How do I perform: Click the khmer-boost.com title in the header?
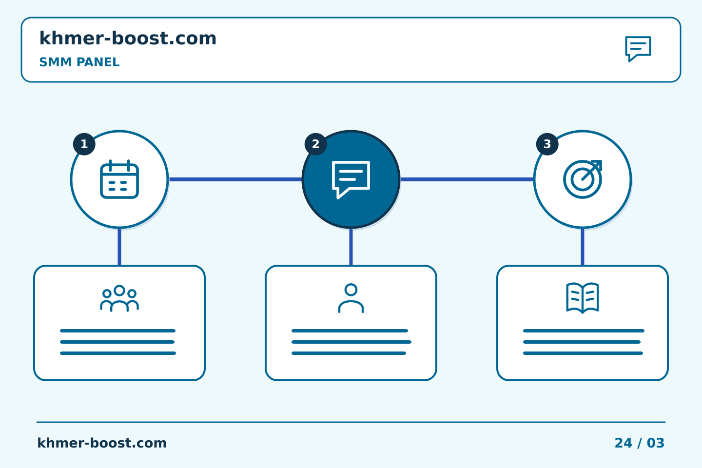128,38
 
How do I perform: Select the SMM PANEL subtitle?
79,62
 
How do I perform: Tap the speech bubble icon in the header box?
638,49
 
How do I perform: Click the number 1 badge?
84,144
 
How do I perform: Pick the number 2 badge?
315,144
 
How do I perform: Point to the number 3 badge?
547,144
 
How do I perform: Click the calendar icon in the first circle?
119,179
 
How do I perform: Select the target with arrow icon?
583,179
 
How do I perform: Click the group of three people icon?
119,298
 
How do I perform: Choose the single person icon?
351,298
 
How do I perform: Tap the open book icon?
583,298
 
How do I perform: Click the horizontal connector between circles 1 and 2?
235,179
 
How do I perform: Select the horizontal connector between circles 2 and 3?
467,179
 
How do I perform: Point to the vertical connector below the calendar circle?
119,247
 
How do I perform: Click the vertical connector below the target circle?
583,247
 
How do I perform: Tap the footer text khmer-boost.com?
102,443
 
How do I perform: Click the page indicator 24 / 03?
639,443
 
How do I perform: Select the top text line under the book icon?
584,331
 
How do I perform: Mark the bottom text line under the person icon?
349,353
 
